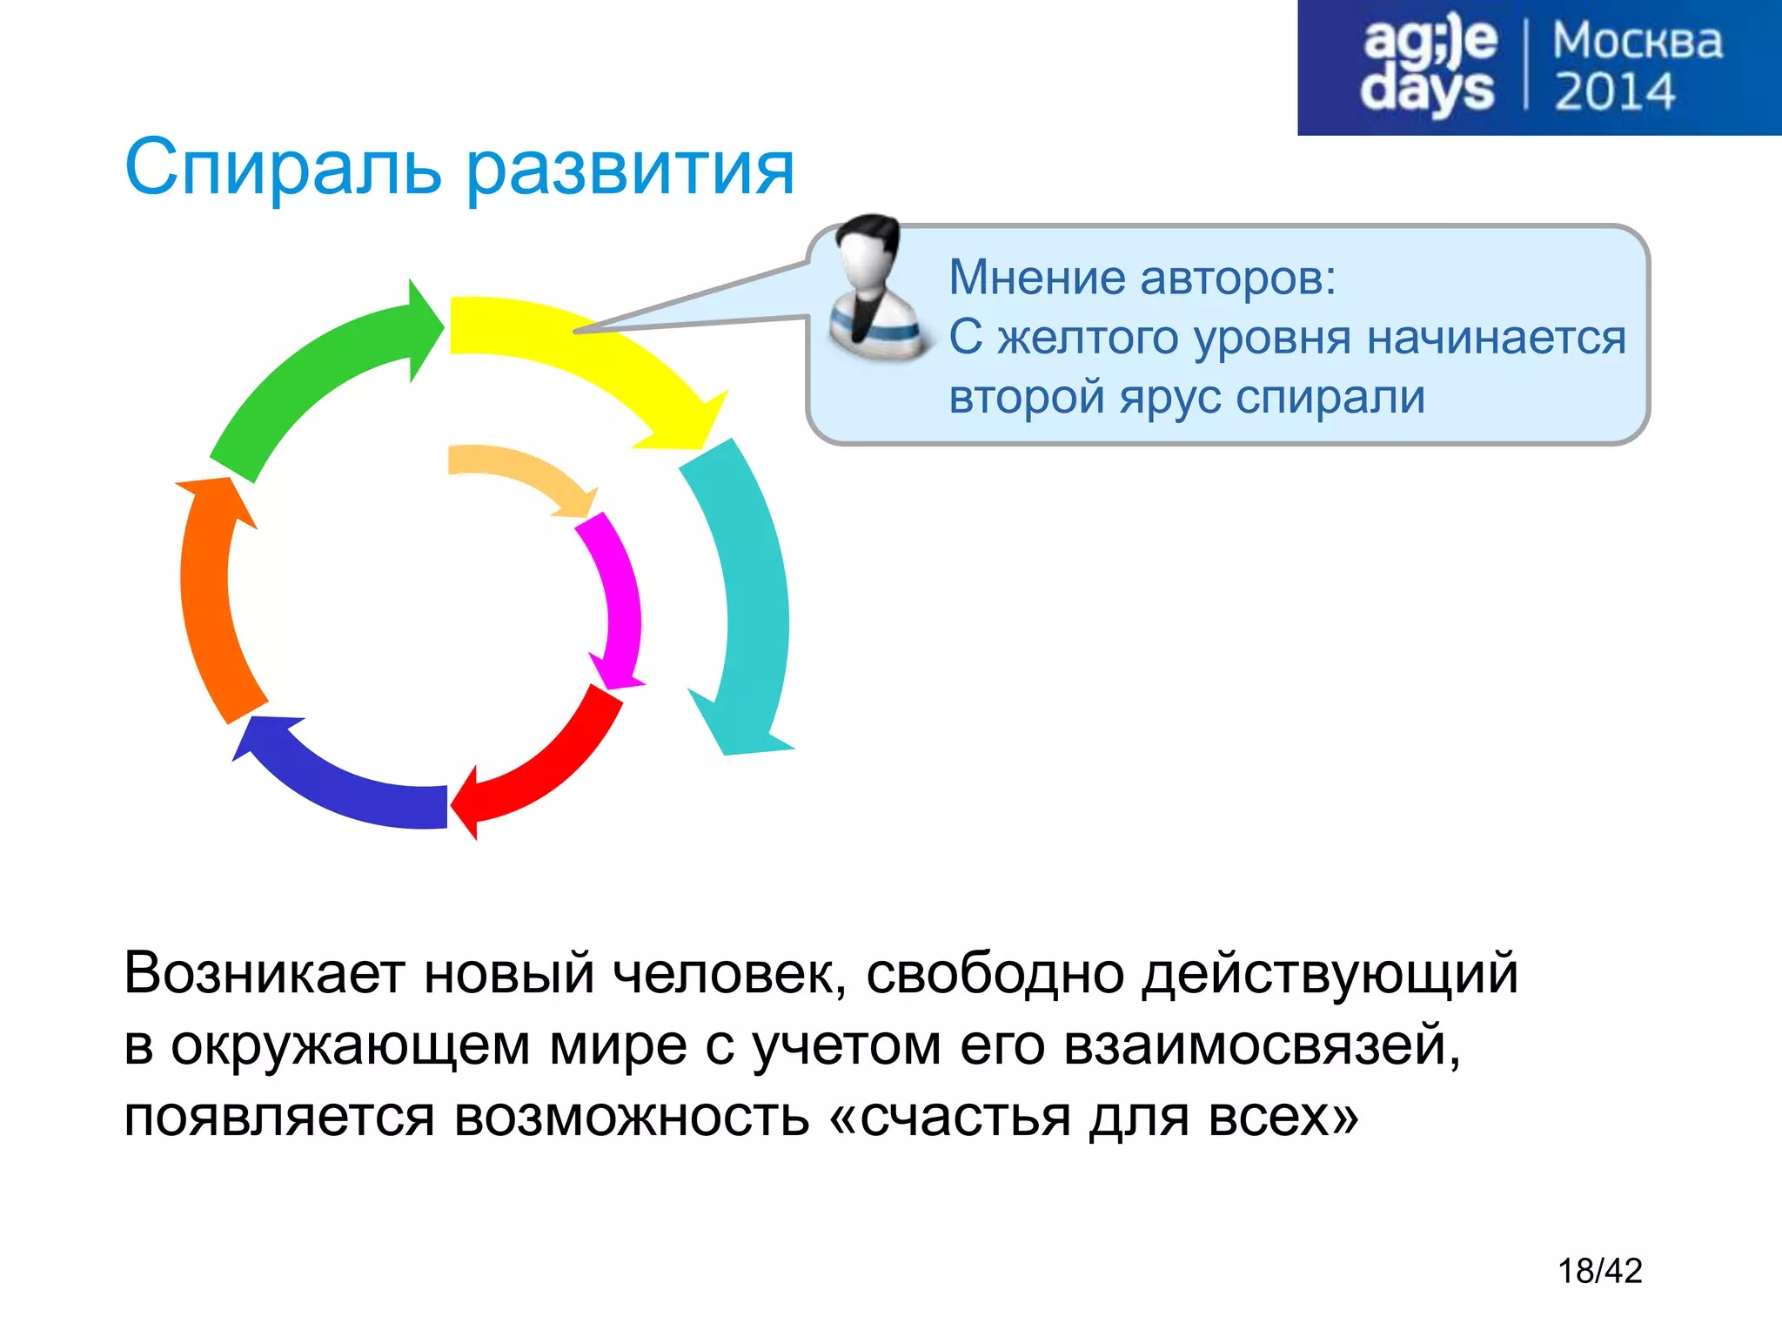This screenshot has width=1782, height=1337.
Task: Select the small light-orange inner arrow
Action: (x=513, y=470)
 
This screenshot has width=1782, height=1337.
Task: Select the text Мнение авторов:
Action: (x=1142, y=277)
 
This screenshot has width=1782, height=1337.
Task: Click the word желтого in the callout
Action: (x=1093, y=338)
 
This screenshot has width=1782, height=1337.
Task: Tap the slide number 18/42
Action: (x=1599, y=1271)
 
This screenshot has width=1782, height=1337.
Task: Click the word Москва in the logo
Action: (x=1637, y=42)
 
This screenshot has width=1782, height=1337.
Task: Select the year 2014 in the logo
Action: (x=1614, y=92)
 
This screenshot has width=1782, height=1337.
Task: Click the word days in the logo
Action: (x=1427, y=91)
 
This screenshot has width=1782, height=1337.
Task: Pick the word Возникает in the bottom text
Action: (x=264, y=972)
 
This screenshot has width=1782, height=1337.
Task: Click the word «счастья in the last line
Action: (x=949, y=1116)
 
